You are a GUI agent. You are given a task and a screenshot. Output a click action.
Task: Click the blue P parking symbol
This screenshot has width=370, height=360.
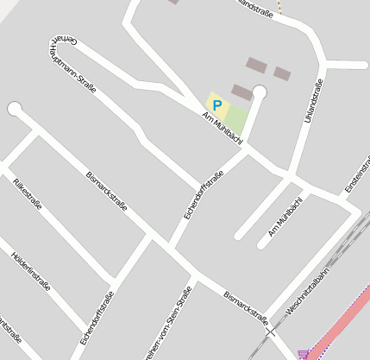point(216,104)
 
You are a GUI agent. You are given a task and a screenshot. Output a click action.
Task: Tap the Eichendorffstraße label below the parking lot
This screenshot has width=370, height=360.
point(204,194)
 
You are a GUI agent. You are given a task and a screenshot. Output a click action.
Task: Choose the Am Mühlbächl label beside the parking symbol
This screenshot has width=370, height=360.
point(223,127)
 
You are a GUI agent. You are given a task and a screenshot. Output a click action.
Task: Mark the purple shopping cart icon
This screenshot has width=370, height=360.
point(304,354)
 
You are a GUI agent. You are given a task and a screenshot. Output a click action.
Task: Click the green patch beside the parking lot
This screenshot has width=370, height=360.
point(237,118)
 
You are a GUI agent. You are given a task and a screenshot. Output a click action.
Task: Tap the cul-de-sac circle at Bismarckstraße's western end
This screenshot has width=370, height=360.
point(14,108)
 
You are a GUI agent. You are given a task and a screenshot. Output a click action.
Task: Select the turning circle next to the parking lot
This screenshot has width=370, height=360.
point(260,91)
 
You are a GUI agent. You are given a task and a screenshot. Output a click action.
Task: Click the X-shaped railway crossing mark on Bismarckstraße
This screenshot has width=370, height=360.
point(270,330)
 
